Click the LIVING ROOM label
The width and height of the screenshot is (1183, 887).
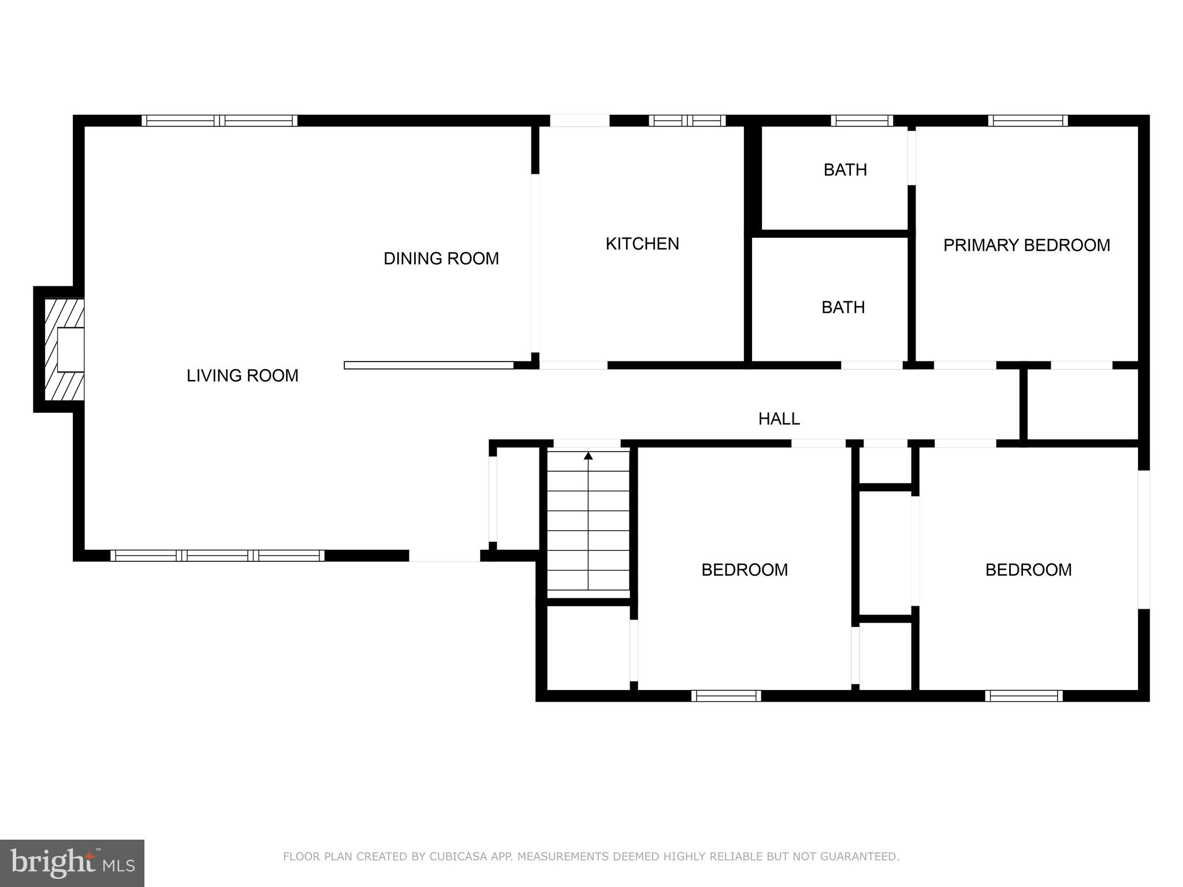point(242,376)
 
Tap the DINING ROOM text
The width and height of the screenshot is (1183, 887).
point(441,259)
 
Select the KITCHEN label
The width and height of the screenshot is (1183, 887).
point(642,244)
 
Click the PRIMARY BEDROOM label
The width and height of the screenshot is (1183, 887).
point(1026,245)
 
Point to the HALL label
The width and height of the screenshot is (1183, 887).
point(779,419)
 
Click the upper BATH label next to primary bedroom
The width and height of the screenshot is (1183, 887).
point(845,170)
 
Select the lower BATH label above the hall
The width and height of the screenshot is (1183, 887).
point(843,307)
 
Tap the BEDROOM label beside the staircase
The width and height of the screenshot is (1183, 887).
point(744,570)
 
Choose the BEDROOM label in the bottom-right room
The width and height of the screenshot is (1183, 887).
point(1028,570)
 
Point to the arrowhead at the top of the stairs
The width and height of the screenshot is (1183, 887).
point(588,456)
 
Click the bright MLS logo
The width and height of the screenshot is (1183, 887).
point(72,863)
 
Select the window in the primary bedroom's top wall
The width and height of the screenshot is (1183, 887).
point(1027,121)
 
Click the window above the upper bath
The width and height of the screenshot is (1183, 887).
point(861,121)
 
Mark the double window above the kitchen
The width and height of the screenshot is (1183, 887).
point(686,121)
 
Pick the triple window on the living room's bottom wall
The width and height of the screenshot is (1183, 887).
point(217,556)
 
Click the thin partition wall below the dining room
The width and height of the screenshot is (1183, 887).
point(429,365)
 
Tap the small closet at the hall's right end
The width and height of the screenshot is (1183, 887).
point(1081,404)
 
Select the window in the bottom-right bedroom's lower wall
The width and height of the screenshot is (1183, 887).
point(1023,696)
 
